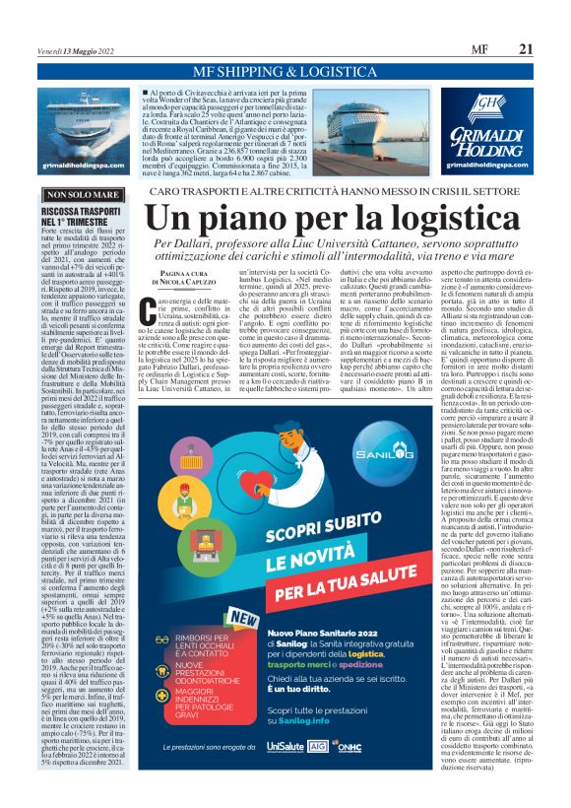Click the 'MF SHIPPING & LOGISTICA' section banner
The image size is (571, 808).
(285, 72)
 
